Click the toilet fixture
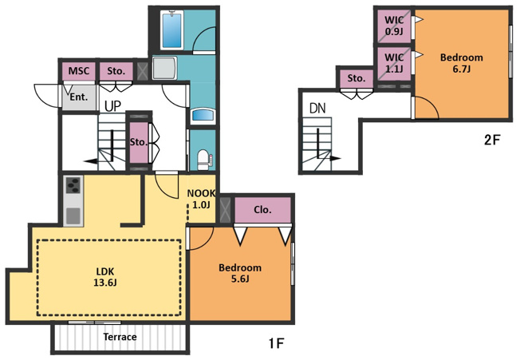click(203, 160)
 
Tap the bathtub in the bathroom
click(172, 30)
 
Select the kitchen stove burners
click(73, 185)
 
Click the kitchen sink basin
click(73, 216)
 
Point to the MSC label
click(79, 71)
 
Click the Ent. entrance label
click(79, 97)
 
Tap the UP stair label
click(112, 106)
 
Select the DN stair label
click(317, 109)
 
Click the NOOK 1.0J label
click(201, 199)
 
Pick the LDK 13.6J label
click(105, 277)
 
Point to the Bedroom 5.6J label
click(240, 273)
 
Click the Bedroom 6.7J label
click(461, 63)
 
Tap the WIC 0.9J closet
click(394, 26)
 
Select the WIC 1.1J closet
click(394, 63)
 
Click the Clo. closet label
click(262, 210)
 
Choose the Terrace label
click(120, 337)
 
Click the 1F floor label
click(276, 343)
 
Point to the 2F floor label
click(491, 140)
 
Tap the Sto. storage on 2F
click(357, 78)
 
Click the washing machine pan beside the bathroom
click(164, 68)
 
